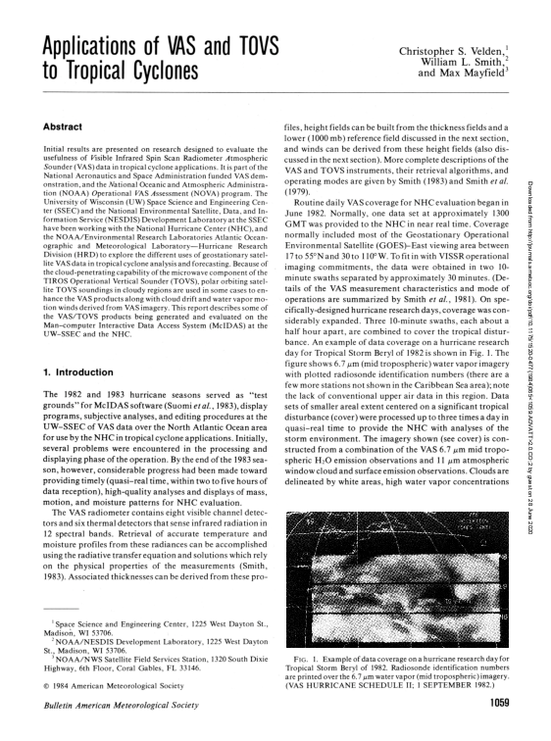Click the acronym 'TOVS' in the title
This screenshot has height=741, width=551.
coord(244,47)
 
